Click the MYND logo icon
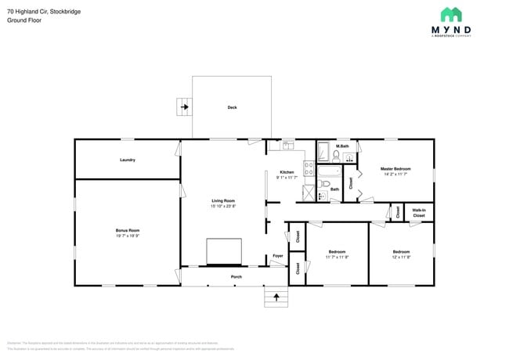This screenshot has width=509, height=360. tap(450, 14)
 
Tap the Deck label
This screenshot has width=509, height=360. tap(232, 107)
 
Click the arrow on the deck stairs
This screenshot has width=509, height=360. tap(186, 106)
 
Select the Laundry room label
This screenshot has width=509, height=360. tap(128, 160)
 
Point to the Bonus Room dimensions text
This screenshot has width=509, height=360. tap(128, 235)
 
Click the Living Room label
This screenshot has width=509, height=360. tap(223, 201)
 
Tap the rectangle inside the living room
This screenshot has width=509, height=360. tap(223, 252)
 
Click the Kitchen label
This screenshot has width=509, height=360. tap(287, 172)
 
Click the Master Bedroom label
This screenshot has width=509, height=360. tap(395, 169)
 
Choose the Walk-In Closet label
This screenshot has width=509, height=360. tap(419, 212)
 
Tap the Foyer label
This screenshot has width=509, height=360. tap(277, 256)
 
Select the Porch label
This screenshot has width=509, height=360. tap(236, 277)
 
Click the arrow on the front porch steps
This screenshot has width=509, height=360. tap(276, 297)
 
